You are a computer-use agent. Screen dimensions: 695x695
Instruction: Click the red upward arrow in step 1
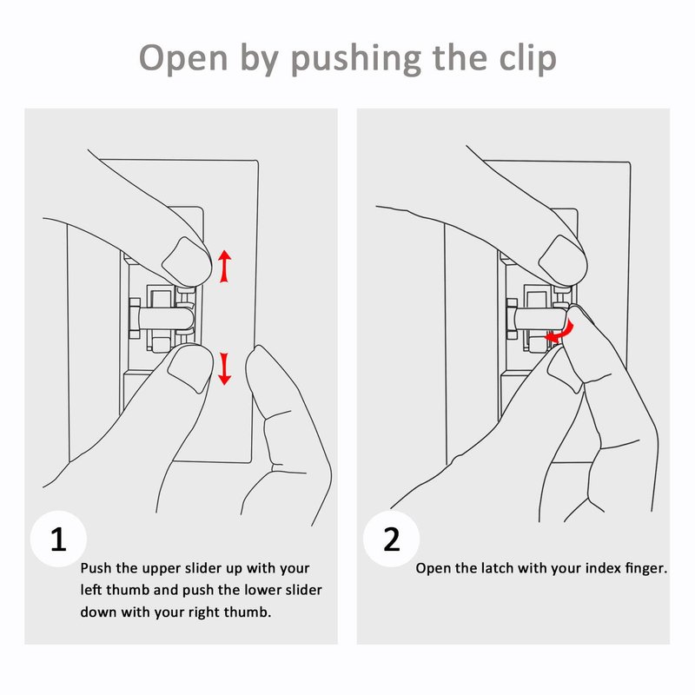[225, 267]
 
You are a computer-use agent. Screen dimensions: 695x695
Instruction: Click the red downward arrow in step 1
[225, 368]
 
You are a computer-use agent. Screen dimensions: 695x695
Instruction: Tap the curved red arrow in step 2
[560, 333]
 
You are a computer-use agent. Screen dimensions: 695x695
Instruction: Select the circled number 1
[58, 539]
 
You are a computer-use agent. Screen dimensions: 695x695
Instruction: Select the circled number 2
[392, 539]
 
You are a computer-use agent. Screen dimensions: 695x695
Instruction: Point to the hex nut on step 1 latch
[135, 318]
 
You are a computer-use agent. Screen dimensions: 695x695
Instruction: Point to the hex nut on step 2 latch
[512, 318]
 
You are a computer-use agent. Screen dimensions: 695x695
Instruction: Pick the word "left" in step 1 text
[91, 590]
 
